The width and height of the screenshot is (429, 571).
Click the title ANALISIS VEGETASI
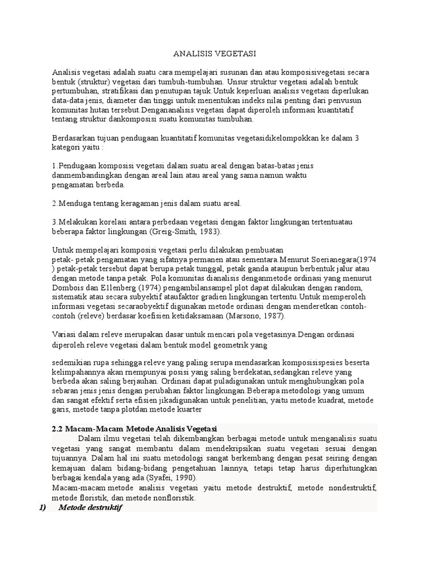214,54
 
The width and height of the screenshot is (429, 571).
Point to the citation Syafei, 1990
174,479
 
